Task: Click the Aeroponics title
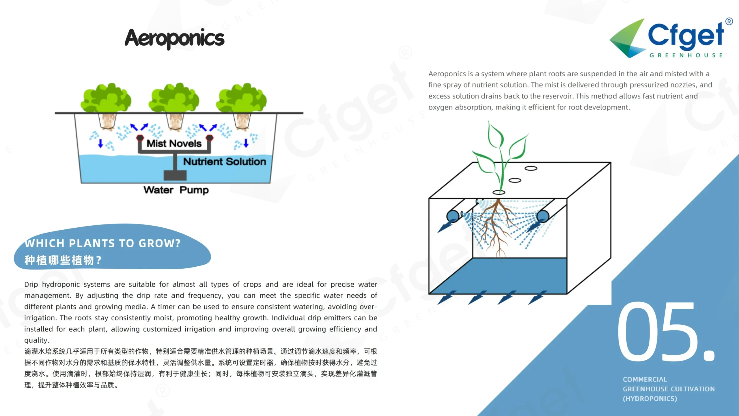point(174,38)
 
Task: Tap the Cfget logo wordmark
point(686,36)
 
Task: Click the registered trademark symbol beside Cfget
point(729,21)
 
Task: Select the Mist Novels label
point(174,143)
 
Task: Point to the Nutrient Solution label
point(225,161)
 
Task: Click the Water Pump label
point(176,190)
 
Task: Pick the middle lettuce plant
point(174,98)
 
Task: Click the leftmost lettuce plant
point(106,98)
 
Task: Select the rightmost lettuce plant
point(242,98)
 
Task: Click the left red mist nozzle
point(140,138)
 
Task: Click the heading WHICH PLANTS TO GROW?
point(102,243)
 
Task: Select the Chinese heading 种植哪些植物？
point(63,260)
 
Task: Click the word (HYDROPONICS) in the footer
point(650,399)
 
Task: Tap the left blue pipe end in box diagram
point(453,216)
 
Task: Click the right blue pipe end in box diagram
point(543,216)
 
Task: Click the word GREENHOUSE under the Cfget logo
point(686,55)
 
